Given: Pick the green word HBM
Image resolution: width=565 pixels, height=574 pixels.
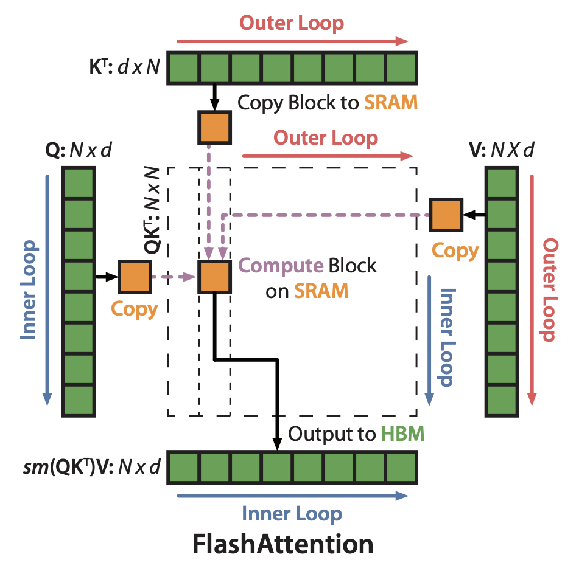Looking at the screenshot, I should (x=402, y=434).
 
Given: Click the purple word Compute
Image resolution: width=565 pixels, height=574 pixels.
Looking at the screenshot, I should (x=281, y=266).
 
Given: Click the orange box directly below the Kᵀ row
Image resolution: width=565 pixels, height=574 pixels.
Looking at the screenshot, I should (x=214, y=126).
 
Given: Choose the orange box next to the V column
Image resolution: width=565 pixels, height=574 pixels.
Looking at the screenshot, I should (x=446, y=215).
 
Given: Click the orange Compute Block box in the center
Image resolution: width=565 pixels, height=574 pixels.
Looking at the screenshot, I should (x=214, y=277).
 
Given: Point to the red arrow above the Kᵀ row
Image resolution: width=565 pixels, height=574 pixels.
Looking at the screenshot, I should (x=292, y=41).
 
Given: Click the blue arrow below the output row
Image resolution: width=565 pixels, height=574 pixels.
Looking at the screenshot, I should (x=292, y=496).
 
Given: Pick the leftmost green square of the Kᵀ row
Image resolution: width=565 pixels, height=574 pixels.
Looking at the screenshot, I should (x=183, y=67).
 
